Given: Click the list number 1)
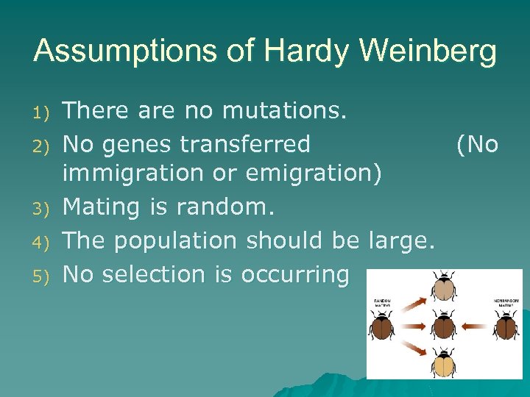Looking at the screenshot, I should [41, 113].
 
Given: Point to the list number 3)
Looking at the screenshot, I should [41, 210].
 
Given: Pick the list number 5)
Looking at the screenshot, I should [41, 276].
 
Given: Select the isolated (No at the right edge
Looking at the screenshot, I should [477, 144].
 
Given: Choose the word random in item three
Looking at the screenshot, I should [225, 208].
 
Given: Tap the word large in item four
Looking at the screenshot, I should [400, 241].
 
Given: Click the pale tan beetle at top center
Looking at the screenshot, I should [445, 287].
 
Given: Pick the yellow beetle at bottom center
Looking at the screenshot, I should [444, 361].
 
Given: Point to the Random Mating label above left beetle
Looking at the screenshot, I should [382, 302].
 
